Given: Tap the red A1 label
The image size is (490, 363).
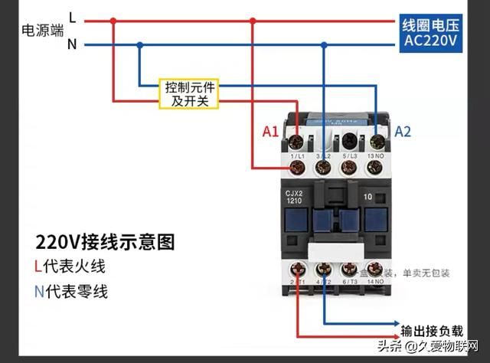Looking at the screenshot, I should pos(270,132).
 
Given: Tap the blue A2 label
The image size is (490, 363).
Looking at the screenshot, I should pos(403,132).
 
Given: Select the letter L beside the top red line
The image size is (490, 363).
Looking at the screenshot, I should pos(72,17).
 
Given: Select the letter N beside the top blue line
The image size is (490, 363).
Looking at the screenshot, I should pos(72,44).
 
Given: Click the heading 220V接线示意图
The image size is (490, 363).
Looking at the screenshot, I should pos(105,243).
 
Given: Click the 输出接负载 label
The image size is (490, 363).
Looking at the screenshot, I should pos(433,330).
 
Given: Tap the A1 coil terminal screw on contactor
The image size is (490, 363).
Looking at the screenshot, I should pos(297,141).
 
